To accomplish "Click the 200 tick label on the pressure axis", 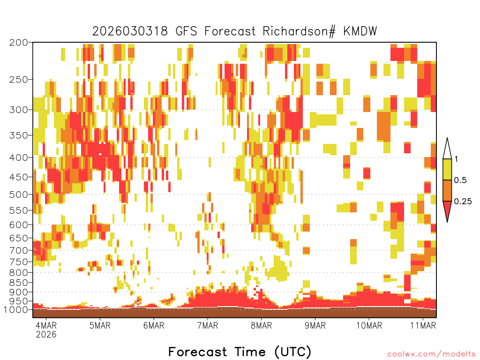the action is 19,43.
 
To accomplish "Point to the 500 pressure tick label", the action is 19,195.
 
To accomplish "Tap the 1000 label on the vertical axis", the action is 16,310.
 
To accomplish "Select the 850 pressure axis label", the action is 19,283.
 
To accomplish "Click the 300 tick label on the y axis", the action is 19,110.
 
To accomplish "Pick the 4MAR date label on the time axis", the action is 46,325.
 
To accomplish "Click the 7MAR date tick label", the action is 208,325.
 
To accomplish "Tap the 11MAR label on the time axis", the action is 423,325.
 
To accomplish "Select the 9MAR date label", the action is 315,325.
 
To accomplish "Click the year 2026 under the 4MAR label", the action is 46,334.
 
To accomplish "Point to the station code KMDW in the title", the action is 360,31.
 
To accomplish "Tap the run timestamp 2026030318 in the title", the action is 130,31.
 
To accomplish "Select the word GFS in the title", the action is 187,31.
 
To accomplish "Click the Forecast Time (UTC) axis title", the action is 240,352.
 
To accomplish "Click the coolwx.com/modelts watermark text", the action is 431,354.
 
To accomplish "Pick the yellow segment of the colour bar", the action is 447,169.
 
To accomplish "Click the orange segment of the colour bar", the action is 447,190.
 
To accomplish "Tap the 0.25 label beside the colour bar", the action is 463,202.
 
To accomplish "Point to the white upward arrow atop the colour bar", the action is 447,149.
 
